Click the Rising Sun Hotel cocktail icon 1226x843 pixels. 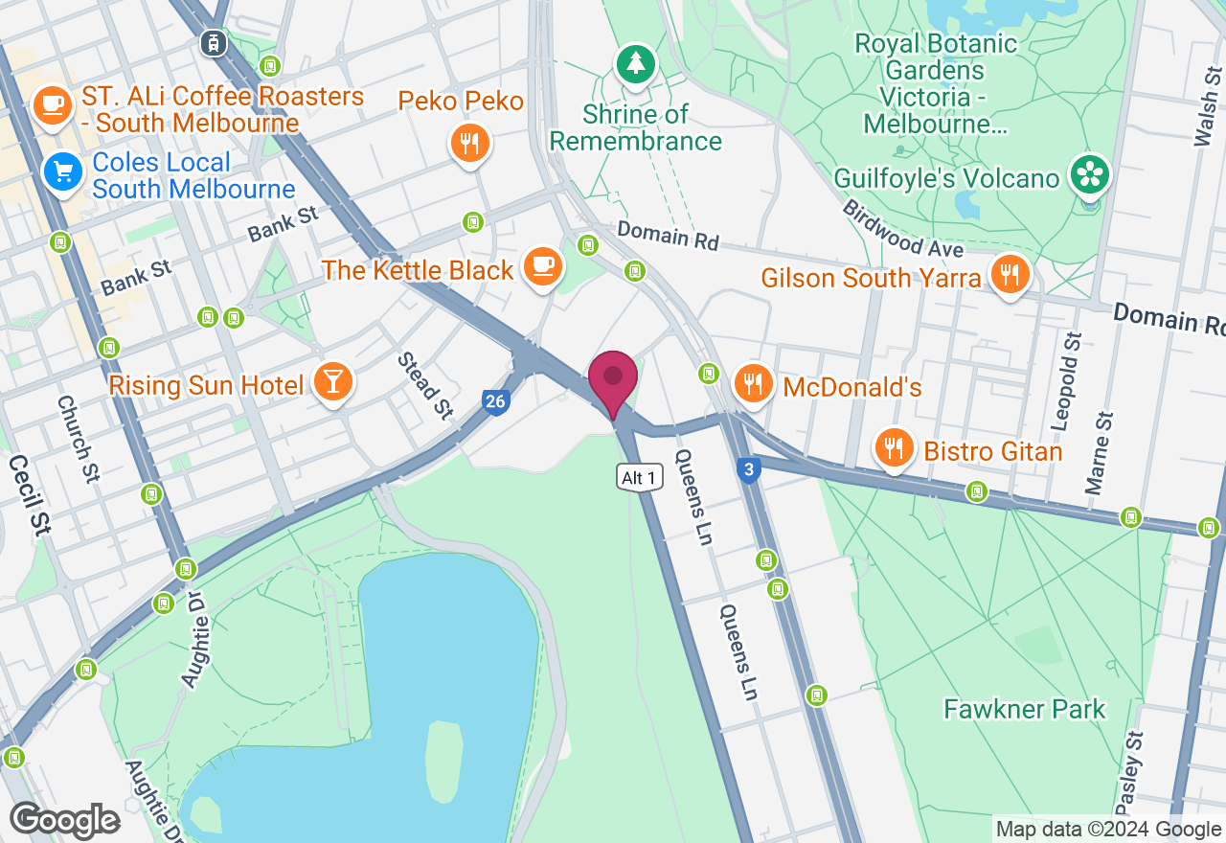(333, 382)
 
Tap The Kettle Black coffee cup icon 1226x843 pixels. (544, 265)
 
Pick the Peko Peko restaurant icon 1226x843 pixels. (469, 144)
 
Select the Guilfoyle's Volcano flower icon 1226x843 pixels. (1090, 174)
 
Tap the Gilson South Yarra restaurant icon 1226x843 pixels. (1010, 275)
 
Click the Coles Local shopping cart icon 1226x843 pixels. (64, 173)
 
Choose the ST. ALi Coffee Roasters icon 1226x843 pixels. (53, 104)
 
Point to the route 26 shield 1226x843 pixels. (494, 401)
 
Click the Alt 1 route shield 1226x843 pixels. (639, 477)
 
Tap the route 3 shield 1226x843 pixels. (749, 469)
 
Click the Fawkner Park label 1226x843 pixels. (1024, 709)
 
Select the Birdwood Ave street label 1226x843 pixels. (902, 228)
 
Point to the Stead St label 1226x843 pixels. (425, 386)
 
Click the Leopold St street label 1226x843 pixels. (1073, 368)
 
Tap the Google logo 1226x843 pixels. (64, 821)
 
